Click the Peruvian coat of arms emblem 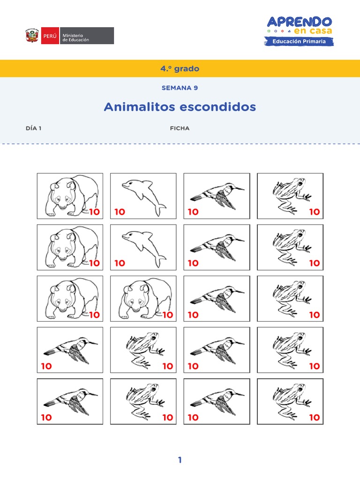(x=32, y=36)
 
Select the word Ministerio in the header (x=73, y=32)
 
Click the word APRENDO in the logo (x=300, y=21)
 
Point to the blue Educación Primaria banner (x=300, y=42)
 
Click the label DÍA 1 (x=34, y=128)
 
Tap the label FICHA (x=180, y=128)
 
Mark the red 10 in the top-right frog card (x=314, y=212)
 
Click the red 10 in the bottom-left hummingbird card (x=46, y=417)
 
